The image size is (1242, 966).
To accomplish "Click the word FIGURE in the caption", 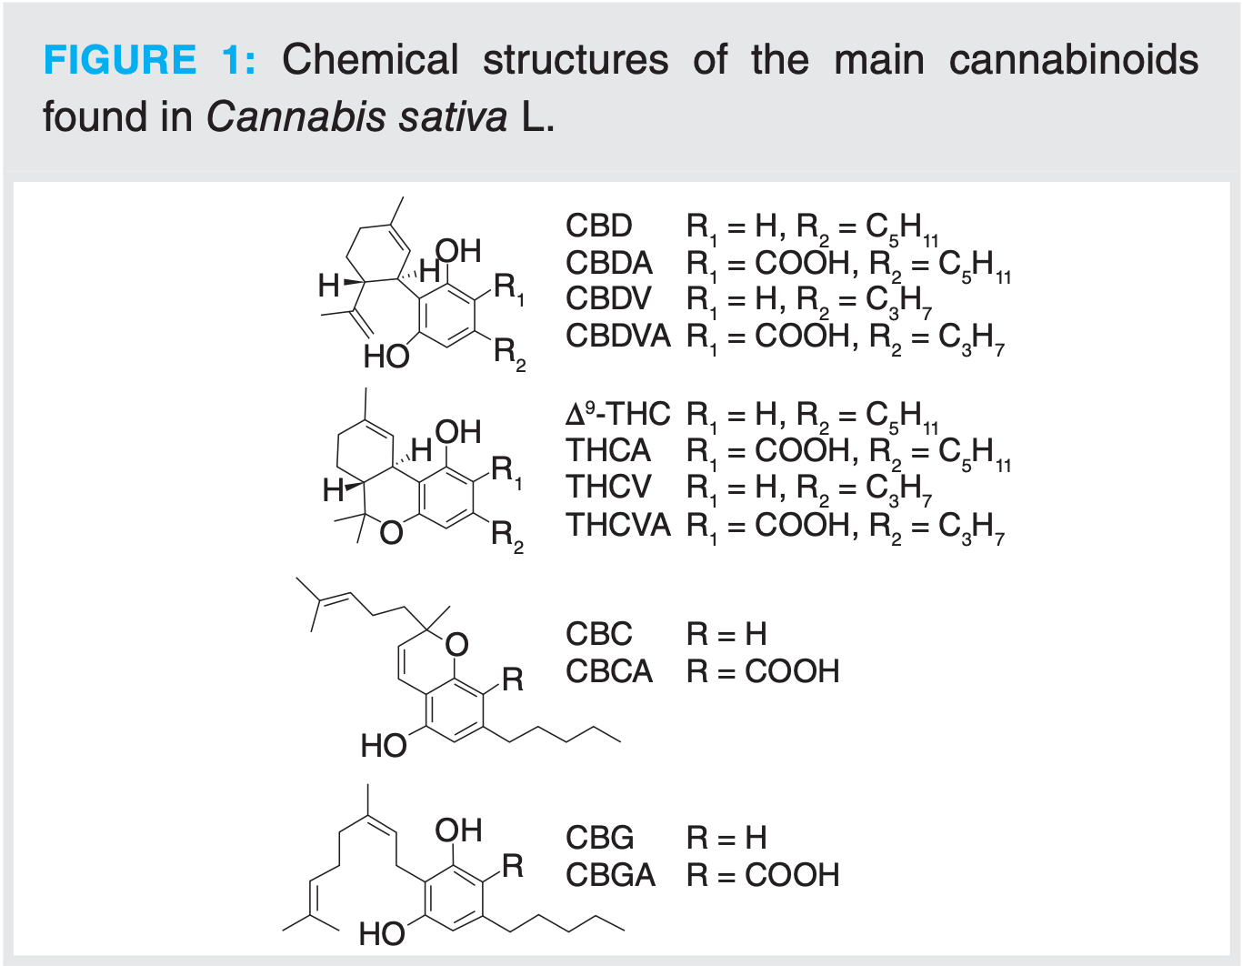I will coord(119,60).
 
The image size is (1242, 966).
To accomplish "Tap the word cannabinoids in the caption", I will coord(1074,60).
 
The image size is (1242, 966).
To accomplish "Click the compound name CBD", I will coord(598,226).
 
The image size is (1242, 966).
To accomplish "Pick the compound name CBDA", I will coord(608,263).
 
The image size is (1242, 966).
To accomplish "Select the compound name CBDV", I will coord(608,298).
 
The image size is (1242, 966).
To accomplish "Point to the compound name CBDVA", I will coord(617,336).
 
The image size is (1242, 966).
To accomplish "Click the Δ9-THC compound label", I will coord(617,414).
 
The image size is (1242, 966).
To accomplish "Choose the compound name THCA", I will coord(608,450).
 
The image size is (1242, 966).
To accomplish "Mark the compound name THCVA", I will coord(618,525).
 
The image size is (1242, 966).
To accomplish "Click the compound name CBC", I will coord(598,634).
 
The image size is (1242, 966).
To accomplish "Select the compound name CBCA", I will coord(608,671).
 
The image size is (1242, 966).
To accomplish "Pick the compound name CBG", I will coord(599,838).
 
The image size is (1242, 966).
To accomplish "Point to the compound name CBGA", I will coord(609,875).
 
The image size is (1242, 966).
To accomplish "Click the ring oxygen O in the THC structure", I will coord(391,532).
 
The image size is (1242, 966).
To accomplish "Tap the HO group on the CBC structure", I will coord(383,746).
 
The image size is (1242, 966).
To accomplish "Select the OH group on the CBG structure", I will coord(458,830).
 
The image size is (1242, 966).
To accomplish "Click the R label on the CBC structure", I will coord(513,679).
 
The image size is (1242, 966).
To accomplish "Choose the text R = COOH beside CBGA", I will coord(763,875).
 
